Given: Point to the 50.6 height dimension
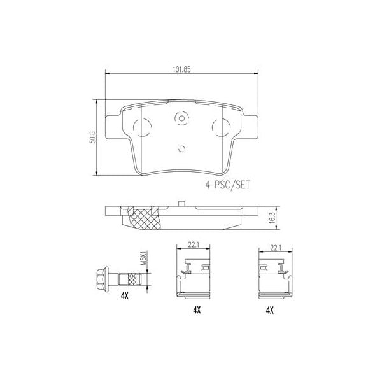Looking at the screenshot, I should click(92, 137).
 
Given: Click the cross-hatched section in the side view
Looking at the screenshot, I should click(143, 218).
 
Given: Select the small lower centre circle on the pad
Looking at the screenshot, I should click(182, 150).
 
